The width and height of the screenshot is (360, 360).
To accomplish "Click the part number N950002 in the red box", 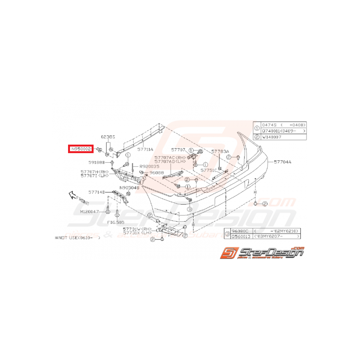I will [x=80, y=148].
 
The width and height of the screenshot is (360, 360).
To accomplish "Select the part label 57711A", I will [x=146, y=148].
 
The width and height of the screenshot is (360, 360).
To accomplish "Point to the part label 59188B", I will [x=97, y=162].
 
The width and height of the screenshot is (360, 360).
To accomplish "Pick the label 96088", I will [x=156, y=173].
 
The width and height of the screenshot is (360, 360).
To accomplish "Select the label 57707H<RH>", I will [x=94, y=171].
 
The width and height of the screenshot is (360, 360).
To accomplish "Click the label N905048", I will [x=129, y=188].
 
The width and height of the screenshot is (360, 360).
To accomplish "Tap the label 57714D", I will [x=96, y=191].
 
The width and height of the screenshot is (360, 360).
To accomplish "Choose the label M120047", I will [x=90, y=212].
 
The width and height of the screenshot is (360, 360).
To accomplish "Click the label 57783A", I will [x=220, y=152].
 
